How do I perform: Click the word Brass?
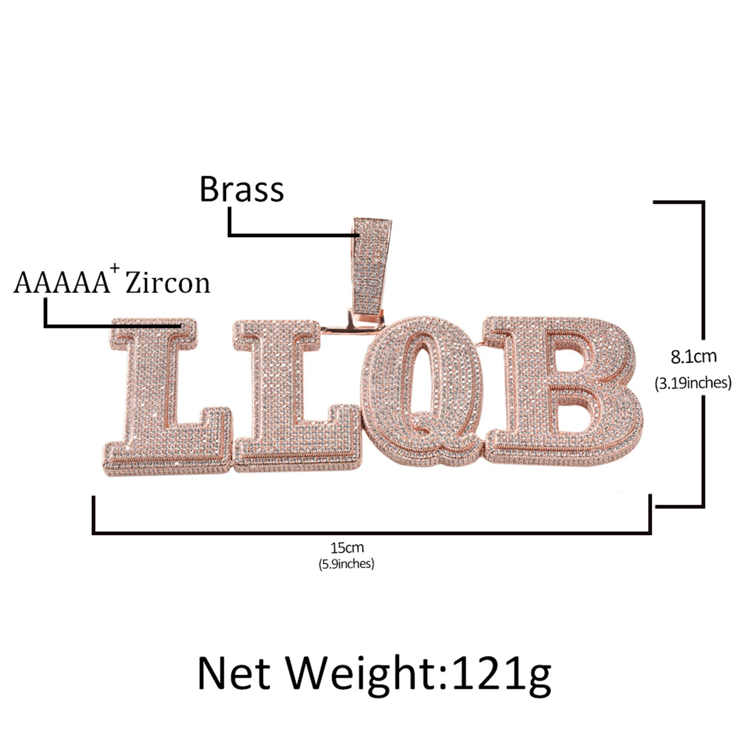242,189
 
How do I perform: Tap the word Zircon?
168,283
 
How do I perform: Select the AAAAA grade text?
61,283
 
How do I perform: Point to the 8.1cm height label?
693,357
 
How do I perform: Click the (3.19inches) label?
693,383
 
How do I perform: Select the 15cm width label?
347,548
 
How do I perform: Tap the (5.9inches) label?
347,564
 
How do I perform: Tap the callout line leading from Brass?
291,235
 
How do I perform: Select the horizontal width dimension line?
371,533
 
